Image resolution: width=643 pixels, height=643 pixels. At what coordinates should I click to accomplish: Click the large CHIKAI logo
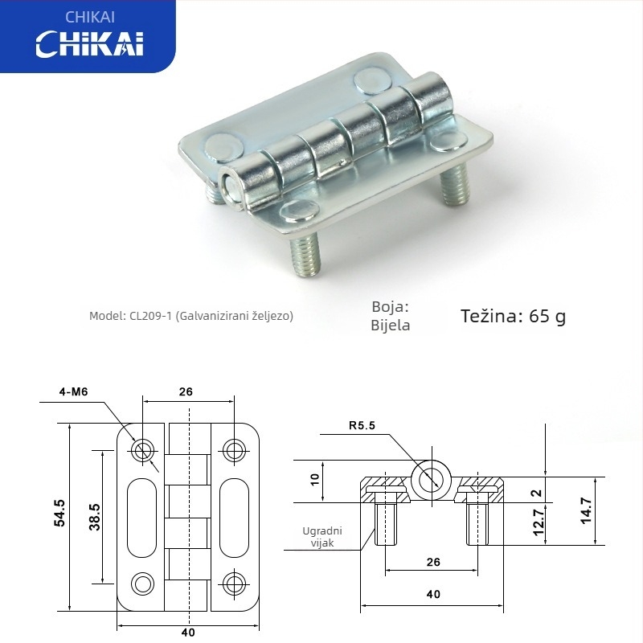click(89, 43)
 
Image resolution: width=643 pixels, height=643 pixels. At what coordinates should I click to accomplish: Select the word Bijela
click(391, 326)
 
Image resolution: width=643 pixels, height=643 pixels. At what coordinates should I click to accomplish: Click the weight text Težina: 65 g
click(513, 316)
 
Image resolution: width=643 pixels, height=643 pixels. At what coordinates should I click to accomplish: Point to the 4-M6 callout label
click(72, 391)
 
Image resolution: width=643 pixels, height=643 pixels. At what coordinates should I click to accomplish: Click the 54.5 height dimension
click(59, 514)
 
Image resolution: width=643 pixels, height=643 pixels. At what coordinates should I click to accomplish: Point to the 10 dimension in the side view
click(315, 480)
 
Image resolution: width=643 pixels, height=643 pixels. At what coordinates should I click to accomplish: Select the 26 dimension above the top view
click(186, 392)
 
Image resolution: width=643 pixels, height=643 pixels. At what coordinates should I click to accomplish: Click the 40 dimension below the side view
click(433, 595)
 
